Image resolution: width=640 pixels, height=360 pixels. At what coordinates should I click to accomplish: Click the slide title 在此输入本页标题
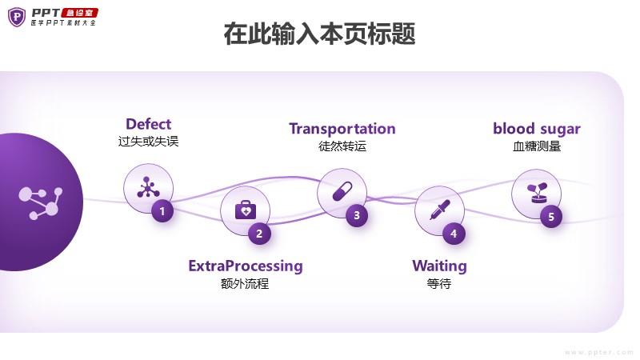[319, 34]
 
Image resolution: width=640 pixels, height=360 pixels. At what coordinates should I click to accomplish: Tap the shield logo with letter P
[17, 17]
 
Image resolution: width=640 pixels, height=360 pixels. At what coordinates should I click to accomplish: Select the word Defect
[149, 124]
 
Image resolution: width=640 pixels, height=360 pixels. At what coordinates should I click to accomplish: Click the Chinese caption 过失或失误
[149, 142]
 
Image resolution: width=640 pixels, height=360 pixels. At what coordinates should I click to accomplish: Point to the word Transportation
[342, 129]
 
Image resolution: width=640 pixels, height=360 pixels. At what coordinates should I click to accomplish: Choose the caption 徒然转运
[342, 146]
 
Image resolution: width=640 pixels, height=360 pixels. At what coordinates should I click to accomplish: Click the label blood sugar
[537, 129]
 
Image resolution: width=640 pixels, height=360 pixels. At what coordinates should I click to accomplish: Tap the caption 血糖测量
[537, 146]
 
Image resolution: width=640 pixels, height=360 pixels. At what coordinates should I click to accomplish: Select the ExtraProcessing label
[246, 266]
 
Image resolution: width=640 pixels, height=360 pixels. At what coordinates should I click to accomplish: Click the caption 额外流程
[245, 283]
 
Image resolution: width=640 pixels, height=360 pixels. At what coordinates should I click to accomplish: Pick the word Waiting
[439, 266]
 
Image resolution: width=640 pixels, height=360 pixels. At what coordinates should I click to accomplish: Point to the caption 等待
[439, 283]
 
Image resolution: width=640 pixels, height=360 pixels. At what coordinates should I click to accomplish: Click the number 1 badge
[162, 211]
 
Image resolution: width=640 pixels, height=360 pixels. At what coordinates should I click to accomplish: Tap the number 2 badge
[259, 234]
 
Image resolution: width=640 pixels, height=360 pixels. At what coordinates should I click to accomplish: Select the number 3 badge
[357, 215]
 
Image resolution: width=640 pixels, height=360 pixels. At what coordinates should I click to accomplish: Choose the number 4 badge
[454, 234]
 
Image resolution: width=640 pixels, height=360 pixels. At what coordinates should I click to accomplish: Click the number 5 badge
[551, 216]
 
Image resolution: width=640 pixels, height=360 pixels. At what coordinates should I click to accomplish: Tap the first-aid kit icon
[246, 210]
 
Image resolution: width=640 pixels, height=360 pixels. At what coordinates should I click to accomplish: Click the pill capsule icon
[342, 191]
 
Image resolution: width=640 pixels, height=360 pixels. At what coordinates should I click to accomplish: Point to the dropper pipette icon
[439, 210]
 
